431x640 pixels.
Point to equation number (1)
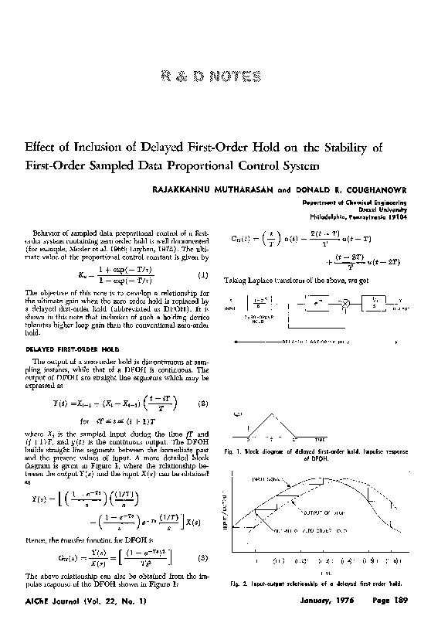202,276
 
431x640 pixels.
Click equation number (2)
202,403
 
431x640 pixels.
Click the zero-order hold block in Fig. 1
257,305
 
